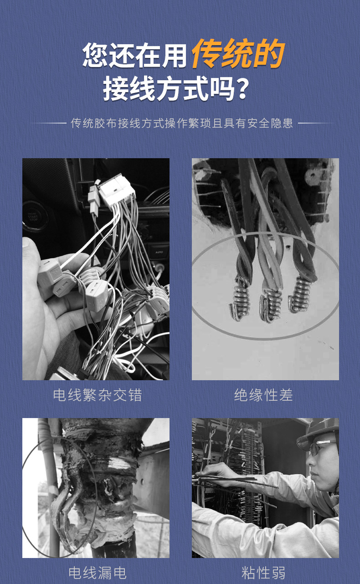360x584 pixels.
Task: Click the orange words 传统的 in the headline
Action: point(238,54)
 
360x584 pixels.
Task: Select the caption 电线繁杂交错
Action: point(98,395)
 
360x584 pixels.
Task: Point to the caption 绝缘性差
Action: point(263,395)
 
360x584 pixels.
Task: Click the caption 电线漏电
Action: point(98,573)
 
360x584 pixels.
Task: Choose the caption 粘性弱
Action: point(263,573)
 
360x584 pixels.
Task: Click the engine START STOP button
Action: point(33,217)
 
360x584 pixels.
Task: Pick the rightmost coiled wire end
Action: point(301,294)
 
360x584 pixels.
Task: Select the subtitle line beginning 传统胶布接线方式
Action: point(182,123)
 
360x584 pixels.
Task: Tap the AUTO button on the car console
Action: point(159,252)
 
